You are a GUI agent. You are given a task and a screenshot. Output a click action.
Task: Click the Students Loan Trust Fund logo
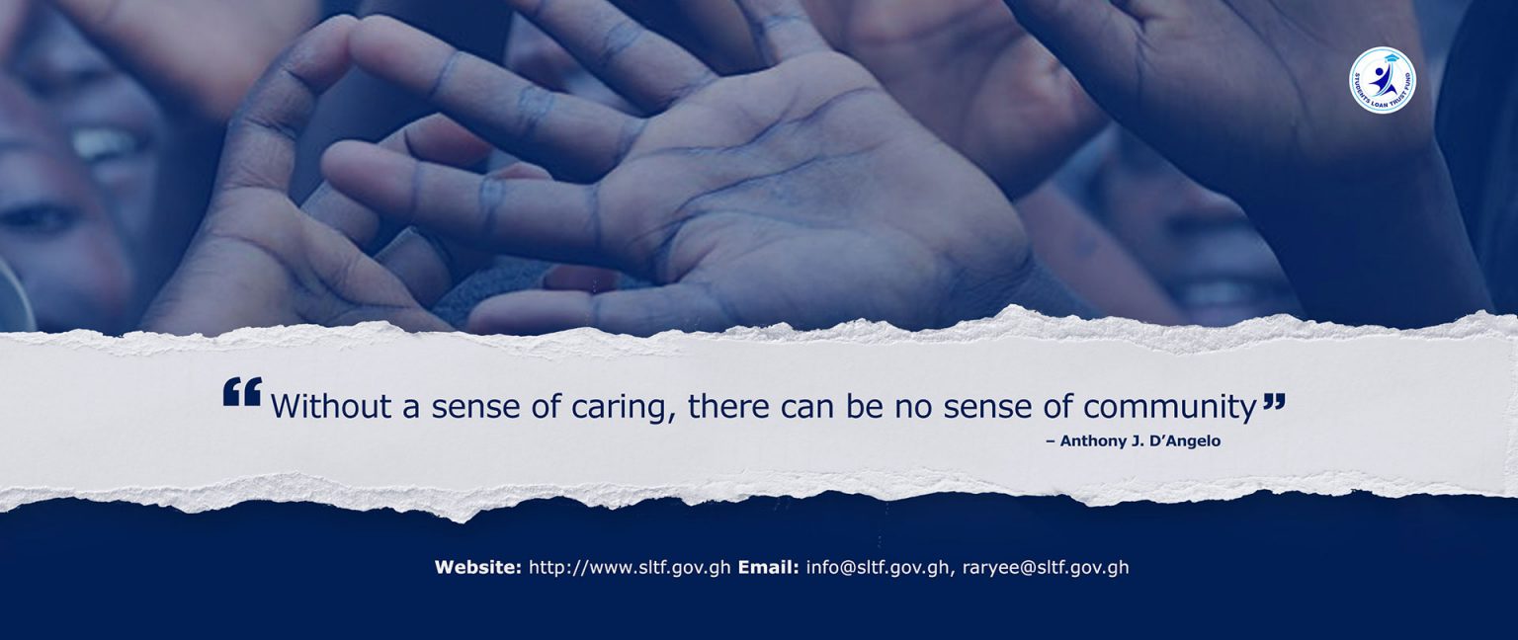[x=1383, y=79]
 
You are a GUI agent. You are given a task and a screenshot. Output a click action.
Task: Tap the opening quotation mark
[x=242, y=392]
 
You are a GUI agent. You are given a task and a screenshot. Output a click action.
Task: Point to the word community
[x=1170, y=408]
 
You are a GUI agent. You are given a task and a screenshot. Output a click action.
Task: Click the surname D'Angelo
[x=1183, y=440]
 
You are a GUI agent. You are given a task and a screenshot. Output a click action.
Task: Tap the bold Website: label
[x=478, y=567]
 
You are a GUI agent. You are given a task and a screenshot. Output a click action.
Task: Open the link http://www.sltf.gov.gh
[x=630, y=568]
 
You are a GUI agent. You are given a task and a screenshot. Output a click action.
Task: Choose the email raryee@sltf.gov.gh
[x=1046, y=568]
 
